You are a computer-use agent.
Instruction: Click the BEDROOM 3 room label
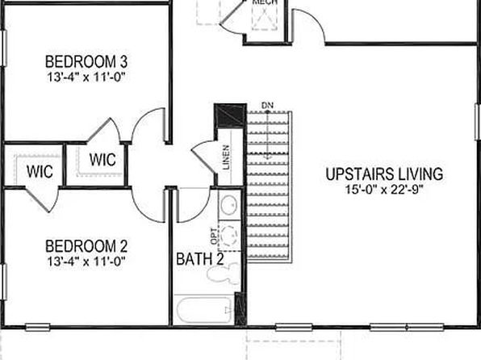point(86,61)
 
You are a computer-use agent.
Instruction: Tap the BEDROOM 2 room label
point(86,246)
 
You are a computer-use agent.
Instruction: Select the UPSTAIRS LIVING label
point(384,174)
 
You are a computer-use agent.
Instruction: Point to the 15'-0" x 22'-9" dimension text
point(384,190)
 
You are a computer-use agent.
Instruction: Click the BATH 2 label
point(200,259)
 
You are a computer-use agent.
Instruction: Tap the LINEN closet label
point(226,157)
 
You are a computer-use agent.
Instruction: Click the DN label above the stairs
point(267,106)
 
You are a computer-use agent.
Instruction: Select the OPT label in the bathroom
point(215,237)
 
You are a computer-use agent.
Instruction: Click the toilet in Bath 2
point(224,274)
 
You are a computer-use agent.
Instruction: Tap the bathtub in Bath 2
point(204,310)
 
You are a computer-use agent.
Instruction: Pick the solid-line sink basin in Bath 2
point(229,203)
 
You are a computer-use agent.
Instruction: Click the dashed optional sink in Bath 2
point(229,236)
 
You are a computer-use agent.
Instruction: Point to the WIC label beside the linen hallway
point(102,160)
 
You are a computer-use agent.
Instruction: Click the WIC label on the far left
point(40,171)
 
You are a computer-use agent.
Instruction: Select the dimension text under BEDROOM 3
point(86,77)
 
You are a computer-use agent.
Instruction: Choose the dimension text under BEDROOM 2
point(86,262)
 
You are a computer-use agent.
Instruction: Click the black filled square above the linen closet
point(230,115)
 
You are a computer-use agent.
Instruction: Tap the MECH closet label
point(266,2)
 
